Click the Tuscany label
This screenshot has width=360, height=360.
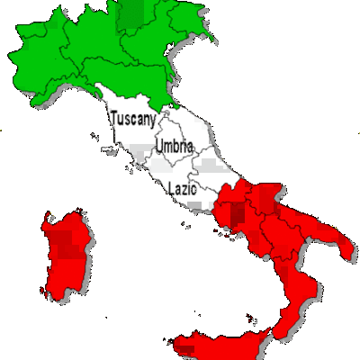click(x=133, y=118)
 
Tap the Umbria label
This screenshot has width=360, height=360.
click(x=172, y=146)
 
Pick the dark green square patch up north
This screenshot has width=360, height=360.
click(x=132, y=13)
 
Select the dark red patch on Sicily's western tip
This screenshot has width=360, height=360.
click(x=187, y=346)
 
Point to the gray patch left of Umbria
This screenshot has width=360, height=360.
click(x=139, y=150)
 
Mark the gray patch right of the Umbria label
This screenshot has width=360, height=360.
click(x=210, y=166)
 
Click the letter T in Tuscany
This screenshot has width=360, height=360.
click(x=112, y=117)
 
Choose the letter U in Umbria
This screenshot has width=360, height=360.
click(x=159, y=145)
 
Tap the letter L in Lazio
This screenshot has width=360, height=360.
click(x=171, y=189)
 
